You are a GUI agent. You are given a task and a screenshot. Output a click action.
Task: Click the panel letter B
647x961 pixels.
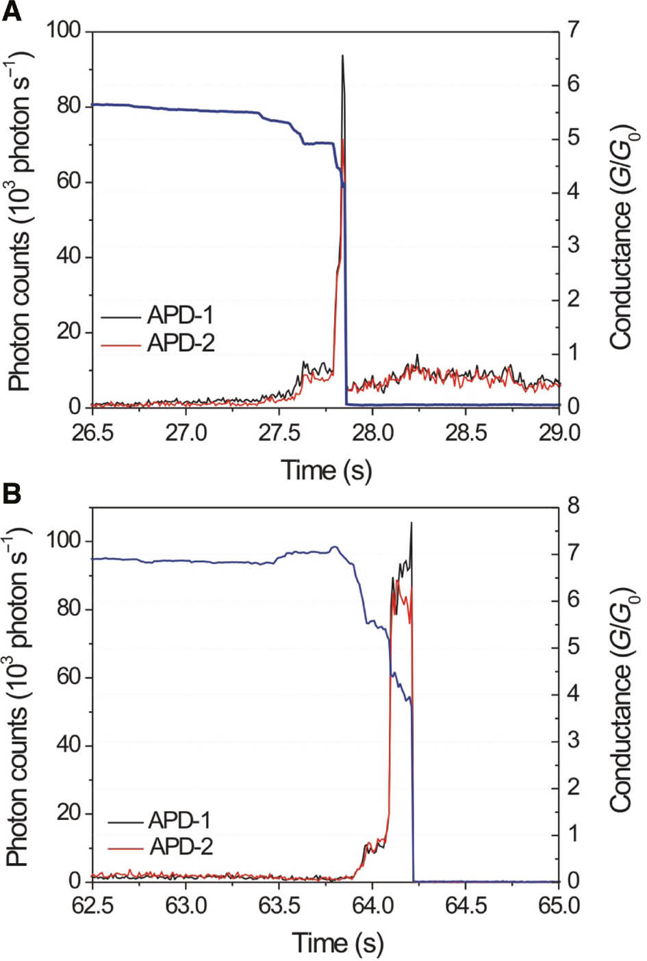point(12,493)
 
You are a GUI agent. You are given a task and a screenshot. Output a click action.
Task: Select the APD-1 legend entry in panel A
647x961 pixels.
point(180,316)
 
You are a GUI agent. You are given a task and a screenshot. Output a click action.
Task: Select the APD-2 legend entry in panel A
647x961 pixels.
point(180,342)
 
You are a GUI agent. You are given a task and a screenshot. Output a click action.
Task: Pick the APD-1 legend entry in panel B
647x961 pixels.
point(180,820)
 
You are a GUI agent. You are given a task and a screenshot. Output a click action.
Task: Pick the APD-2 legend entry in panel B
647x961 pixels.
point(180,847)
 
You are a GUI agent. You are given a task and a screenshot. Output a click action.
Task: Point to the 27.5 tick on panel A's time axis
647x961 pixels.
point(279,433)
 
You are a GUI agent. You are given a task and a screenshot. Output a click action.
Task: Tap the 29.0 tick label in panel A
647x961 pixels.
point(559,433)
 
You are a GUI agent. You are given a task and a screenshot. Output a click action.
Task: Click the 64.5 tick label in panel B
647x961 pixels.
point(466,906)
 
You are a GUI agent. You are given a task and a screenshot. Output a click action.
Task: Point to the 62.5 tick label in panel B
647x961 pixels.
point(92,906)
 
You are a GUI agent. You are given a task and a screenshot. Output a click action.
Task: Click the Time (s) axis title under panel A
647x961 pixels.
point(326,470)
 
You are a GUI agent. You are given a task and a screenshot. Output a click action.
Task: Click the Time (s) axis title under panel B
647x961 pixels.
point(338,943)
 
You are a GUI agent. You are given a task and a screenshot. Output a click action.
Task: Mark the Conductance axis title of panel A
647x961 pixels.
point(622,236)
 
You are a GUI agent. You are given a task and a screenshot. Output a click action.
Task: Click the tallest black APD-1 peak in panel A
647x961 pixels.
point(342,56)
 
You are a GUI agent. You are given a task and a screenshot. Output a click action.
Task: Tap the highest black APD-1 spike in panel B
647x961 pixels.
point(411,524)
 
